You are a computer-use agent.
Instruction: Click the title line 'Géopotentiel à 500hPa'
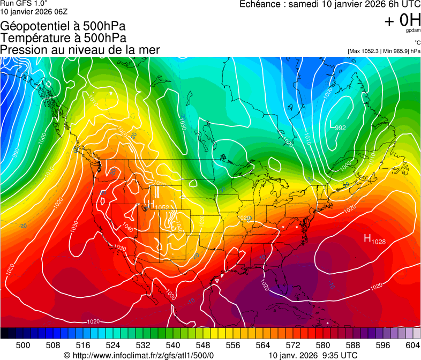[x=63, y=26]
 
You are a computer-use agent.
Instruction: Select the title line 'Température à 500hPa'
[x=63, y=38]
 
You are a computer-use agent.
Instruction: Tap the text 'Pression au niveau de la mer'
[x=80, y=50]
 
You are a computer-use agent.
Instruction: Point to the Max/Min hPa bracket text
[x=384, y=51]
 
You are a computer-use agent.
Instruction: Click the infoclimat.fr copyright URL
[x=139, y=355]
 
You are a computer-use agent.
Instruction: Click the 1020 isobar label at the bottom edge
[x=93, y=321]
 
